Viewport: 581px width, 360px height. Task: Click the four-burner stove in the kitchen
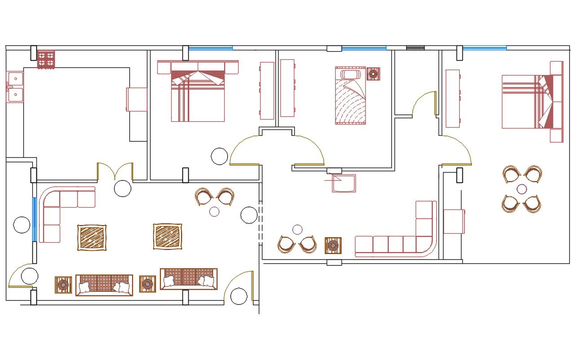tap(45, 59)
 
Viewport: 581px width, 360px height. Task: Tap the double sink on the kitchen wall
tap(14, 87)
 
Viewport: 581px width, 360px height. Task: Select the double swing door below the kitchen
tap(115, 171)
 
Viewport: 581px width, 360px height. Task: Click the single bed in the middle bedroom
tap(350, 96)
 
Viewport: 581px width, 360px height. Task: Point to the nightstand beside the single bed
tap(373, 74)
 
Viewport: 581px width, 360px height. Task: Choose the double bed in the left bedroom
tap(198, 92)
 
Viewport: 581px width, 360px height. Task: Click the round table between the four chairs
tap(522, 189)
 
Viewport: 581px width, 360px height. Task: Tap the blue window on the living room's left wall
tap(34, 218)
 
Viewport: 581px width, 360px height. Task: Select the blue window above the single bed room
tap(364, 48)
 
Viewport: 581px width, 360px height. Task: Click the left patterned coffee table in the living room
tap(92, 237)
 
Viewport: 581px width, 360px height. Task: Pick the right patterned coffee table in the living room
tap(168, 236)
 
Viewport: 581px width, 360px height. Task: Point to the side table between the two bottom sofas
tap(147, 284)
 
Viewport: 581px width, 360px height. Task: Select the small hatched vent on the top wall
tap(415, 48)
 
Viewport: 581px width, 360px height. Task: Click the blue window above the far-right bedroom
tap(484, 48)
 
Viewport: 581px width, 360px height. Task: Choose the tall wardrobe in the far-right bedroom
tap(452, 98)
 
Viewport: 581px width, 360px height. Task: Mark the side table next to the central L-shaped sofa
tap(333, 245)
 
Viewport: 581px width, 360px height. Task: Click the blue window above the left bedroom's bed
tap(210, 48)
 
